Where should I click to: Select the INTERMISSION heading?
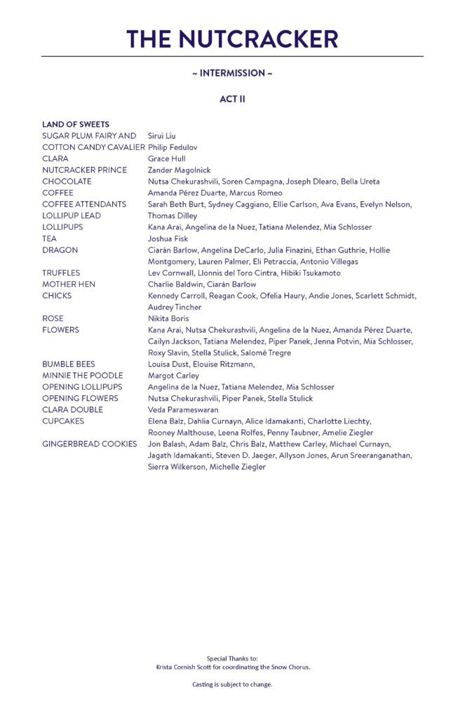[232, 73]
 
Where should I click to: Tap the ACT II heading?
[232, 99]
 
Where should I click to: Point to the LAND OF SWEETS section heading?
[76, 124]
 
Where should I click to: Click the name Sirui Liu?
[162, 135]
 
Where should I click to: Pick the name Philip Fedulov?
[173, 147]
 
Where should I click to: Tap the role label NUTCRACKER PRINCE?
[84, 170]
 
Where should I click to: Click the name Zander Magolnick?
[179, 170]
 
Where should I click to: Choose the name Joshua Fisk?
[168, 238]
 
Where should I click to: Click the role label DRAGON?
[60, 250]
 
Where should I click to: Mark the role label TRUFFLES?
[61, 273]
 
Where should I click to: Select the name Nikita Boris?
[168, 318]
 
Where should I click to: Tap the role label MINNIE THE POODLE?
[82, 375]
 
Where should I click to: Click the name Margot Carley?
[173, 375]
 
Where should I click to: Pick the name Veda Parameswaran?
[183, 409]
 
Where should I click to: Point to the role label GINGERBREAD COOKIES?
[90, 444]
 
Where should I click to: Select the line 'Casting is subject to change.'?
[232, 684]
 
